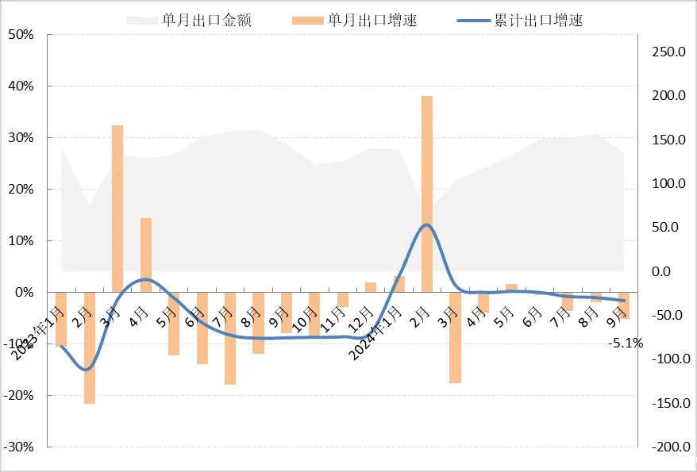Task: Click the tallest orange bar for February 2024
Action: tap(426, 194)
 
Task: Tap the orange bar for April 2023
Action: tap(146, 255)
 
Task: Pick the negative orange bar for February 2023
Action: tap(90, 347)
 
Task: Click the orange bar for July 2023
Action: tap(230, 338)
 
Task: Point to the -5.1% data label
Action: tap(626, 343)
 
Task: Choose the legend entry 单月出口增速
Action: tap(372, 21)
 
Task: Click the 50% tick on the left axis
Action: tap(21, 35)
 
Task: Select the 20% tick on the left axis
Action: tap(21, 190)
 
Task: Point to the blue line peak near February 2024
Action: tap(426, 224)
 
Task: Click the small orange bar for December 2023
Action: tap(371, 287)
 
